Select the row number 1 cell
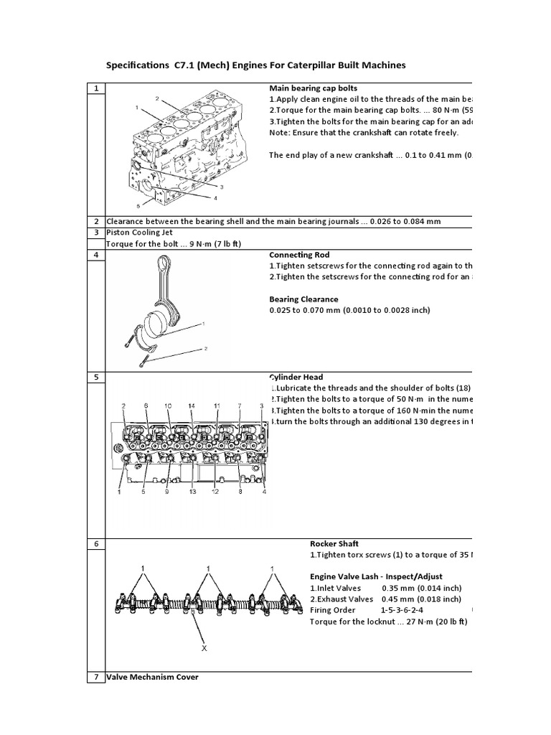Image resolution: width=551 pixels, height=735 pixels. point(95,88)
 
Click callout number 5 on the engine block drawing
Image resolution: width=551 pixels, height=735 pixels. point(138,205)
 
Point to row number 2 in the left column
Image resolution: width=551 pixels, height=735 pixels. point(95,221)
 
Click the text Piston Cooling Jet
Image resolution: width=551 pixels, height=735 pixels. point(139,233)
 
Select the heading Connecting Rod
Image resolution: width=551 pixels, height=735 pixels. point(299,255)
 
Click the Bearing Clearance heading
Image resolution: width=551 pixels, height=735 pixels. point(303,299)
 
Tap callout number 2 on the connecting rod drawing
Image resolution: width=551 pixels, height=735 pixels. point(205,349)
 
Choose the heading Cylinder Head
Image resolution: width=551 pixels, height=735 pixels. point(297,377)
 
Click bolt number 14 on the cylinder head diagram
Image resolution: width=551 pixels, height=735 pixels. point(192,406)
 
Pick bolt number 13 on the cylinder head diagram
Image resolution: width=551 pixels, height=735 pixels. point(192,492)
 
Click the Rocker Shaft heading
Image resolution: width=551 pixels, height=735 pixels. point(334,544)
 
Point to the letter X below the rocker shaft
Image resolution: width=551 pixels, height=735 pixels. point(204,648)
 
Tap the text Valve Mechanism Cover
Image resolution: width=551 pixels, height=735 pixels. point(152,677)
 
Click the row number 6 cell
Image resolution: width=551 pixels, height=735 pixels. point(95,544)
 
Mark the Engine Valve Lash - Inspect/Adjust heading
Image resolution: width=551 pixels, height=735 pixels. point(376,576)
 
